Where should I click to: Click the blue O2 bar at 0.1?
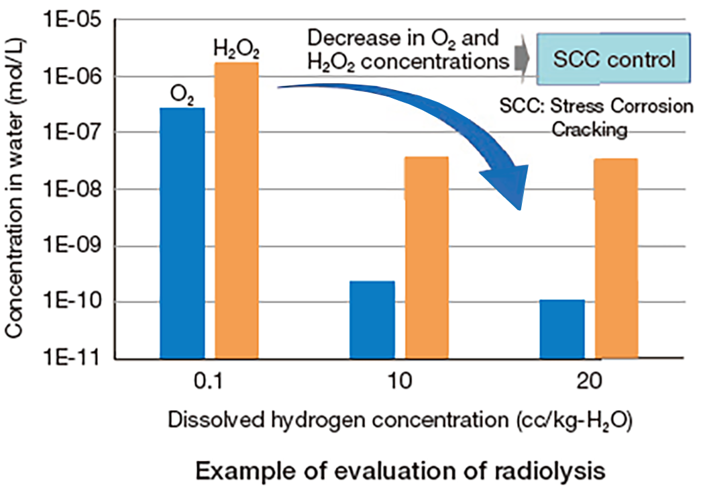tap(182, 232)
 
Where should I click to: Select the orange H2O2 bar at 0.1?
tap(236, 209)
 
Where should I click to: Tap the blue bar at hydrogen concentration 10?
tap(372, 320)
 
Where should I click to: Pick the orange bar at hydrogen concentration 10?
tap(427, 257)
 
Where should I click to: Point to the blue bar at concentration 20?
tap(562, 329)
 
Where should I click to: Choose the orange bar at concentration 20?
tap(616, 258)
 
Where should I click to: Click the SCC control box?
tap(613, 59)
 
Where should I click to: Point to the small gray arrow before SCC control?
tap(522, 60)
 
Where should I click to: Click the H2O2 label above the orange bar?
tap(236, 49)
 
